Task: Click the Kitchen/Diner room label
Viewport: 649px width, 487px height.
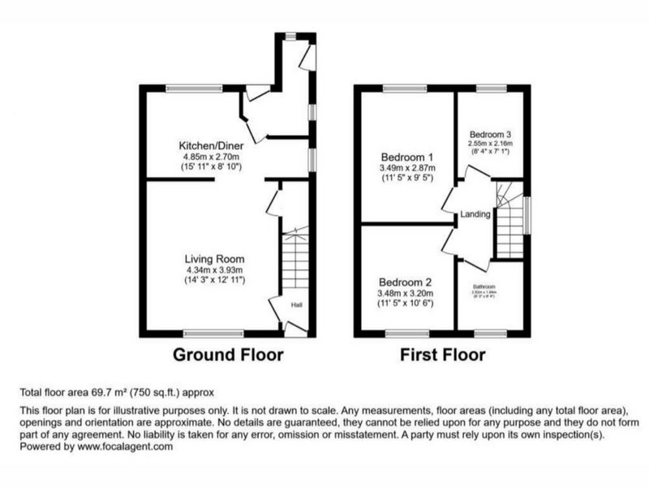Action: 212,145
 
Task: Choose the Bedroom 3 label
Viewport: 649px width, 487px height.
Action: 489,134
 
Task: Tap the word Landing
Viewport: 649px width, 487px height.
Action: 475,215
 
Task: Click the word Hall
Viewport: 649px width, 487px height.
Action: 298,306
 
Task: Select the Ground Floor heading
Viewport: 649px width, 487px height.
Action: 228,355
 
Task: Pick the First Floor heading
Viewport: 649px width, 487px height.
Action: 442,355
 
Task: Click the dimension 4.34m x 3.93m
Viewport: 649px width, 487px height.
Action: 213,270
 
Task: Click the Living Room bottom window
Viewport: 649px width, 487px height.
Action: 213,333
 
